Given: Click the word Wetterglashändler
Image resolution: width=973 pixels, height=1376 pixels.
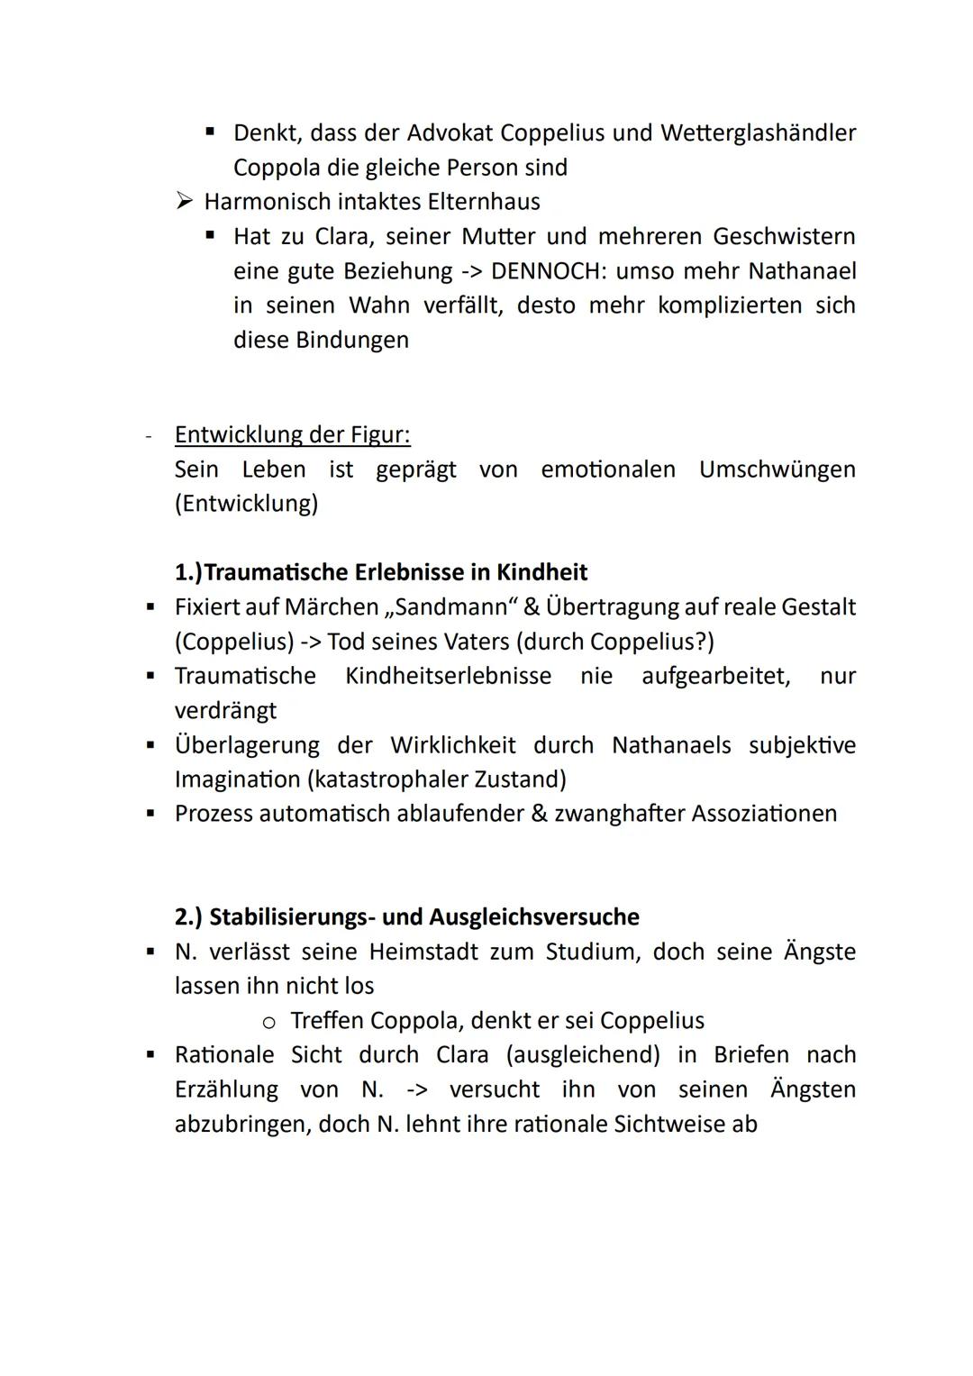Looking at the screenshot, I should tap(758, 133).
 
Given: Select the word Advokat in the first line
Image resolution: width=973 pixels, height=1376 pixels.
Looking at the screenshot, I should tap(449, 133).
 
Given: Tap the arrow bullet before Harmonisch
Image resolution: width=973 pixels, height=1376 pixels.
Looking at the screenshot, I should tap(185, 202).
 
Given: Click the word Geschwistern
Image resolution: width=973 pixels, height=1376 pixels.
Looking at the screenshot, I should tap(784, 237).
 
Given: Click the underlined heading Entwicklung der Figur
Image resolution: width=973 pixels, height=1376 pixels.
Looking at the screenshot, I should tap(292, 435).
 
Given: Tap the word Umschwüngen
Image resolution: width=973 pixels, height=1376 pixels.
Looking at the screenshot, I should tap(777, 469).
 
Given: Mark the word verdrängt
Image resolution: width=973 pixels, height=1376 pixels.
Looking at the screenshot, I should tap(225, 711).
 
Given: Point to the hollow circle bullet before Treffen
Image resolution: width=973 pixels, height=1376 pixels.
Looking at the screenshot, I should tap(268, 1023).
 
